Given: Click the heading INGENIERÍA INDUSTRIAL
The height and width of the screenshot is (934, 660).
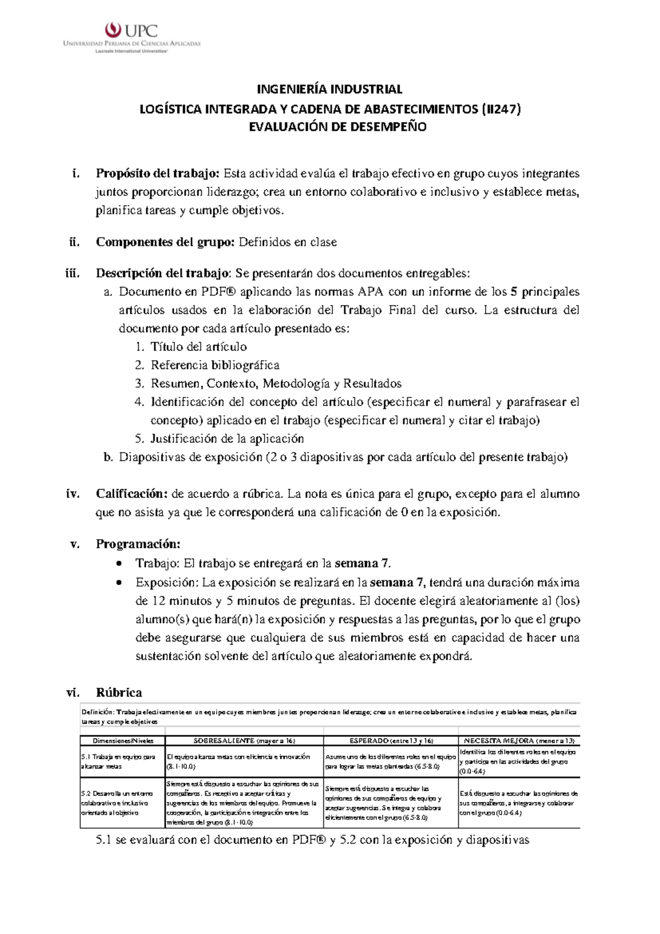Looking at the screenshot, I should (x=330, y=89).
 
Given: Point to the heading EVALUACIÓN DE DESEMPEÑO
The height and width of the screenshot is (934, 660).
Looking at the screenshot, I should (x=338, y=127).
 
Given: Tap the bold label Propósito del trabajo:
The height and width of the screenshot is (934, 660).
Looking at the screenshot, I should (x=158, y=173).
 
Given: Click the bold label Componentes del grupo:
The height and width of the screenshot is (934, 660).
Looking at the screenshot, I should (x=166, y=242).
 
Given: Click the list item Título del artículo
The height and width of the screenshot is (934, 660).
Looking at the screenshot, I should (x=199, y=346).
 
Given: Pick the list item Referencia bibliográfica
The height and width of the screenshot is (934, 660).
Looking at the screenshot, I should (x=215, y=365).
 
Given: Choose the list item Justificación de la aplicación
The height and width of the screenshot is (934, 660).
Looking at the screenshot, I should (x=227, y=438).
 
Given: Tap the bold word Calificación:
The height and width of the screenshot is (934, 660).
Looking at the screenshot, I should (x=131, y=493).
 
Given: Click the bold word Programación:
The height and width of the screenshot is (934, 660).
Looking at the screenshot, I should (x=138, y=544).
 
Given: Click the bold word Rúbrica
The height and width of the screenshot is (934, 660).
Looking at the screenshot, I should (x=119, y=692).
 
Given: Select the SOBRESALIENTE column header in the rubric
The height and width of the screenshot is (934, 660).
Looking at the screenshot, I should (x=244, y=741).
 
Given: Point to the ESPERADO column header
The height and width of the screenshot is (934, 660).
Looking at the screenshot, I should (x=391, y=741).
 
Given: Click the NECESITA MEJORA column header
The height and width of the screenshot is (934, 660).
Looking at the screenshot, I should (x=519, y=741).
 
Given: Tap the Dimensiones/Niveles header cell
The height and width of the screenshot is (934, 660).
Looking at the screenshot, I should (x=123, y=741).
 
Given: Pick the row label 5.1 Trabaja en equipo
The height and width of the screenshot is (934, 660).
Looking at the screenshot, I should (x=118, y=761).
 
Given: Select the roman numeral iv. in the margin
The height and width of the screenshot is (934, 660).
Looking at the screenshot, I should (x=73, y=493).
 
